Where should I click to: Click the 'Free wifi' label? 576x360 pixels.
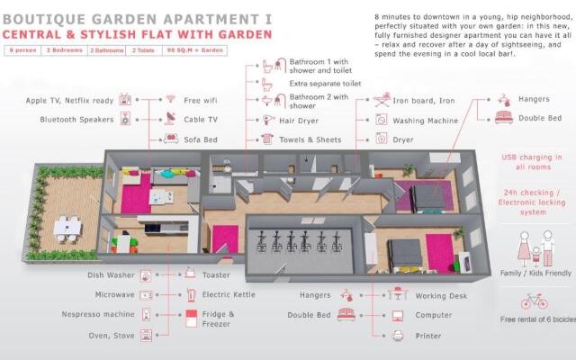[202, 100]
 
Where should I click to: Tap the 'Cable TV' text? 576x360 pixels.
[201, 119]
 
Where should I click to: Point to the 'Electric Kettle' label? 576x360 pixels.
[229, 294]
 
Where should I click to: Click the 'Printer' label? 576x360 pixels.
[428, 336]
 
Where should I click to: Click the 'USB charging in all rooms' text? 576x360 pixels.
[532, 162]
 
